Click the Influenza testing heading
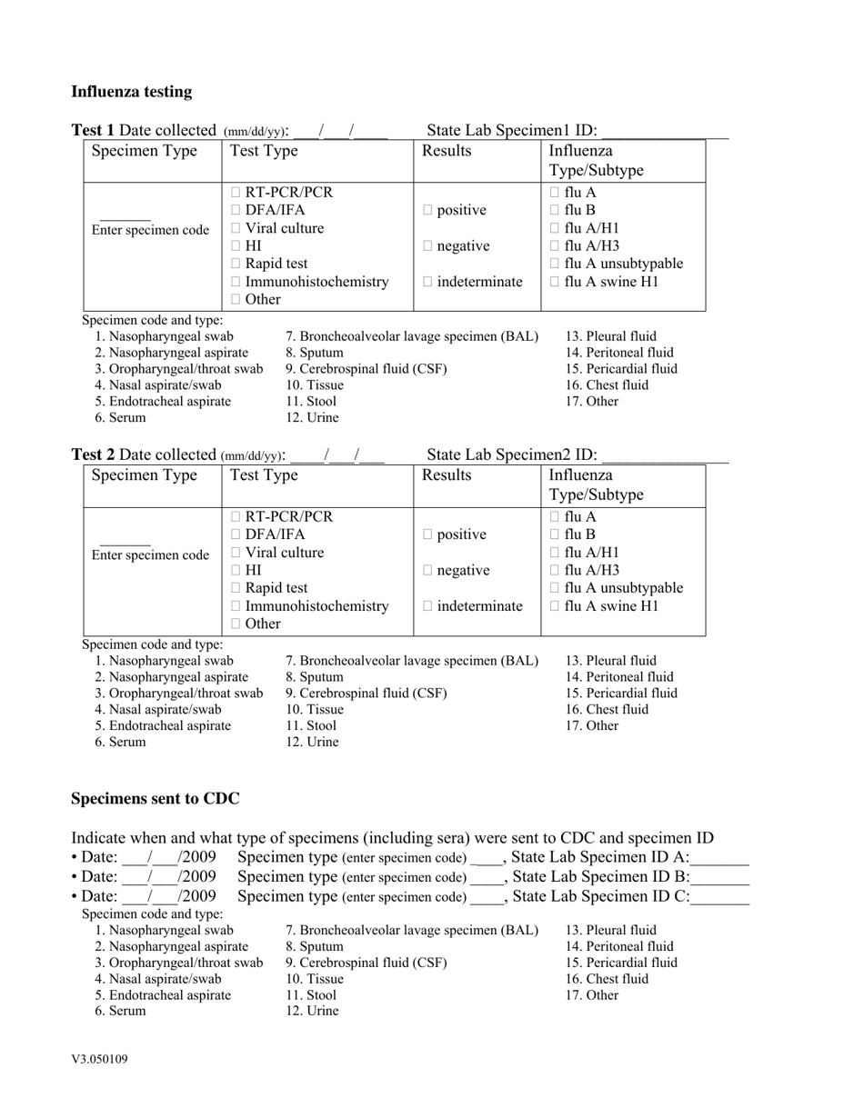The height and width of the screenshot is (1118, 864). point(132,92)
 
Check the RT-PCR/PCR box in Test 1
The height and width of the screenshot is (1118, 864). point(236,193)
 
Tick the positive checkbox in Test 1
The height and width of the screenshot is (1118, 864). point(428,211)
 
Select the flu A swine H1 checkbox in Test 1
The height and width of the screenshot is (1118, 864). point(556,282)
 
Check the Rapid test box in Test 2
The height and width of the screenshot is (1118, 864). point(236,588)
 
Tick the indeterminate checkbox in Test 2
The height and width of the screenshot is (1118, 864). point(428,606)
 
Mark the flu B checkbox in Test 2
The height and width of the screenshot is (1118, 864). point(556,534)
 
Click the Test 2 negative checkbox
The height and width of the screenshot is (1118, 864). point(428,571)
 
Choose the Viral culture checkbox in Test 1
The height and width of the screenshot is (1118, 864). point(236,228)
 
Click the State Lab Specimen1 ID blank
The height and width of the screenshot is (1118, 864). point(664,133)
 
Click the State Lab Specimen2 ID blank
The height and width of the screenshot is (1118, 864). point(665,456)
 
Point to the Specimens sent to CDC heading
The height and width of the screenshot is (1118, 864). point(156,799)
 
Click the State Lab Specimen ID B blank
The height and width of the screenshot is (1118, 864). point(720,879)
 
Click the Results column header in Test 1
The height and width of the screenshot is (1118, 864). point(447,151)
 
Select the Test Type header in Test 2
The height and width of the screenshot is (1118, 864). point(265,475)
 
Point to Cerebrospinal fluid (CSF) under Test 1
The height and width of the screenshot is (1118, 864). point(367,369)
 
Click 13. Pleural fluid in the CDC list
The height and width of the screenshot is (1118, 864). point(611,930)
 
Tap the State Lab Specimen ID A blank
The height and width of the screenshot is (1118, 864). point(719,859)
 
